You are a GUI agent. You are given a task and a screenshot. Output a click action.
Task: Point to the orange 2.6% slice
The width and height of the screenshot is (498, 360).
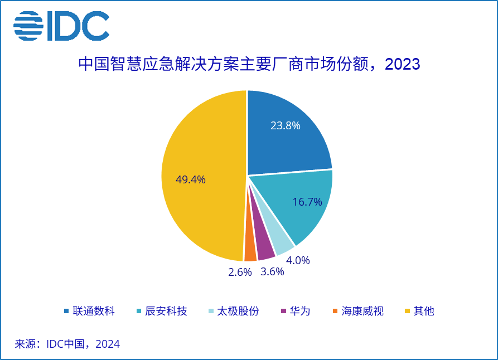coord(250,252)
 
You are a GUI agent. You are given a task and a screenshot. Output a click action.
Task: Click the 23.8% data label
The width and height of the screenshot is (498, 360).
coord(286,125)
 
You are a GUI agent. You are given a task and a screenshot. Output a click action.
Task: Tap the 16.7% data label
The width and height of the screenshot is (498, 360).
coord(307,202)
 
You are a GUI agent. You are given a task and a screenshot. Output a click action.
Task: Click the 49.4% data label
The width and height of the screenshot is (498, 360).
coord(191,179)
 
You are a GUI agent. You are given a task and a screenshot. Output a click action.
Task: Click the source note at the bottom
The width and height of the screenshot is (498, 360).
coord(67,344)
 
